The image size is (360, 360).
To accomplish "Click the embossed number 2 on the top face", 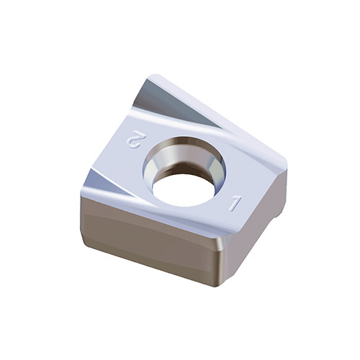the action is (134, 140).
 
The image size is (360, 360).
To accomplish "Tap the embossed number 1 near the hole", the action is (235, 203).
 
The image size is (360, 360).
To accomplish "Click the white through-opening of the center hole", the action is (184, 190).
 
